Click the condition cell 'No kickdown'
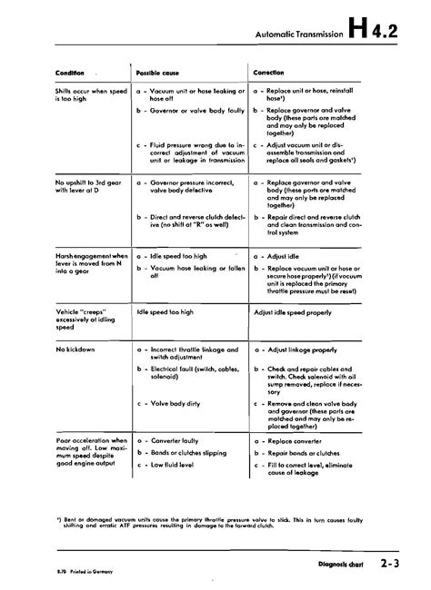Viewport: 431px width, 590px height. [75, 349]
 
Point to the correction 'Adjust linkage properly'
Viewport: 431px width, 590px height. [306, 349]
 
